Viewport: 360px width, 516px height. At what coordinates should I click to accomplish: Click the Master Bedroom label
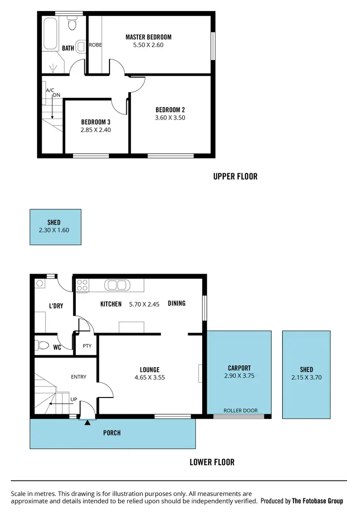click(x=148, y=37)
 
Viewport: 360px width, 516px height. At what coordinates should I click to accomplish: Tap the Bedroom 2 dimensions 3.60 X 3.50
click(x=170, y=118)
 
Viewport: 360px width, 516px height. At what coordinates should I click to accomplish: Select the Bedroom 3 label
click(x=96, y=122)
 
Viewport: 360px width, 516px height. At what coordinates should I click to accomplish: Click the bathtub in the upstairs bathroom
click(x=49, y=34)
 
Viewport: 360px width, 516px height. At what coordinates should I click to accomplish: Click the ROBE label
click(x=96, y=45)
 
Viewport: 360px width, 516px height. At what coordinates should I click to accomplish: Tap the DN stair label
click(x=57, y=95)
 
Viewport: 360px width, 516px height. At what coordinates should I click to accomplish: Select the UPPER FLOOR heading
click(x=235, y=177)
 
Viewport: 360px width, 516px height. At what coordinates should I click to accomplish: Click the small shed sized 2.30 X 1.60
click(x=55, y=227)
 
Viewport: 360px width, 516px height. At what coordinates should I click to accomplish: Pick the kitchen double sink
click(x=116, y=285)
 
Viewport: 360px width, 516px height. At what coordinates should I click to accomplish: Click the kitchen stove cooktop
click(x=82, y=286)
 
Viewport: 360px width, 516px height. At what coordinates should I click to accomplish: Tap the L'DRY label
click(x=56, y=306)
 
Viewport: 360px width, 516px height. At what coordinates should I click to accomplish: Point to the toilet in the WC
click(x=43, y=345)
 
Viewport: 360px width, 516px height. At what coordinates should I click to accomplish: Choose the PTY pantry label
click(x=87, y=346)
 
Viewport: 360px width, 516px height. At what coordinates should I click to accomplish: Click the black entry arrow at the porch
click(x=87, y=423)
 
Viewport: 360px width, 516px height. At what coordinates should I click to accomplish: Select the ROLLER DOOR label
click(x=240, y=410)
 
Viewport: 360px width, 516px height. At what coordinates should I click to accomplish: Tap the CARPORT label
click(x=239, y=368)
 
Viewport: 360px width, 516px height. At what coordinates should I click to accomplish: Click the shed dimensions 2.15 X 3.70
click(x=306, y=377)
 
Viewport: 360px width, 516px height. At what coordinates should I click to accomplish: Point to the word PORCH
click(x=112, y=433)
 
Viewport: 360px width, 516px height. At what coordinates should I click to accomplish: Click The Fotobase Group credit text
click(x=317, y=501)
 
